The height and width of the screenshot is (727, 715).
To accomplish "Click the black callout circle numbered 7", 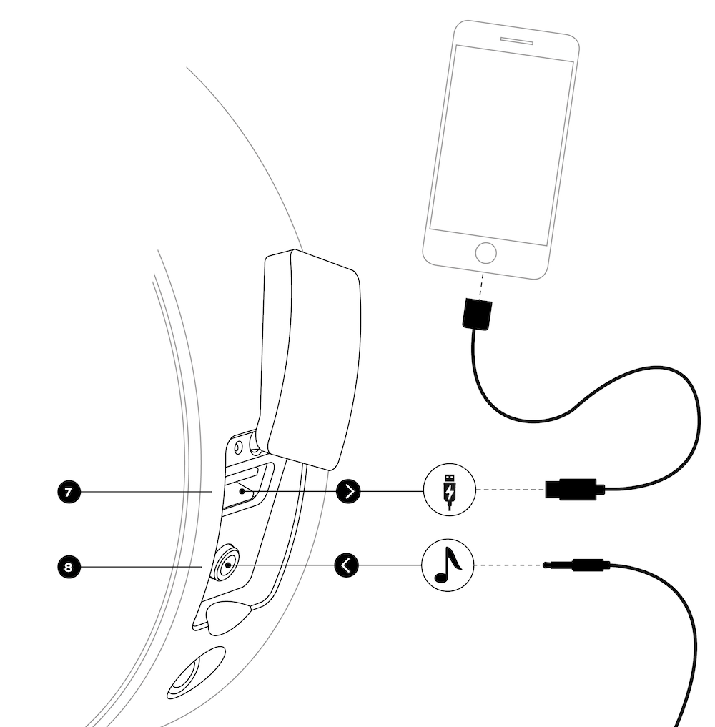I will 68,492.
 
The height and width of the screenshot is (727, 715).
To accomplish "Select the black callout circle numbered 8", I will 68,568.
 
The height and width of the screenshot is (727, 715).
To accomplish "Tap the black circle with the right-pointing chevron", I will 348,491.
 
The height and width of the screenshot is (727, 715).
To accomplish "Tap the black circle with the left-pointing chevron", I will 347,566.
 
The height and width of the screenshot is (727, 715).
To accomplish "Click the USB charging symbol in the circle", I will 449,490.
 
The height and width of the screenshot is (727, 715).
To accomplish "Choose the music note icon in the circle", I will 449,565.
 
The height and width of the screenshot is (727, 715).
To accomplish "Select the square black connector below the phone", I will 475,315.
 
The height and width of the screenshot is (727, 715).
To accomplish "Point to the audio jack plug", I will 576,565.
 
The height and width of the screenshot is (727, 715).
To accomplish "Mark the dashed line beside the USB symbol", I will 510,490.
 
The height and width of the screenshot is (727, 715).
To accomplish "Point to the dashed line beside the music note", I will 509,565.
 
